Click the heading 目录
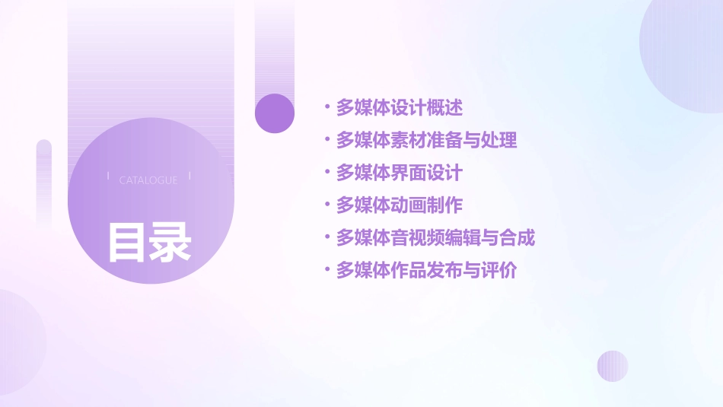coord(149,242)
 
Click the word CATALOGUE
coord(148,180)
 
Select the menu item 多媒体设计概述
coord(399,108)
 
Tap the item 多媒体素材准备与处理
coord(426,141)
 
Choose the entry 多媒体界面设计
coord(399,173)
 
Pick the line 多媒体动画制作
coord(399,205)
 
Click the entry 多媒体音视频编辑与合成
coord(435,238)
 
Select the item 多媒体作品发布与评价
coord(426,270)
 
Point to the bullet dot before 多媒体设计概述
coord(326,108)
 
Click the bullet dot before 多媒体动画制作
coord(326,205)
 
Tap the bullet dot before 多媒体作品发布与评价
coord(326,270)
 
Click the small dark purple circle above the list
coord(275,113)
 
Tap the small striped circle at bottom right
coord(613,366)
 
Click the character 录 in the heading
coord(170,242)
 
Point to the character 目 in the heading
coord(127,242)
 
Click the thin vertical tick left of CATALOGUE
coord(108,176)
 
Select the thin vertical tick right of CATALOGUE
coord(190,176)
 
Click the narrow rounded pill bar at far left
coord(44,183)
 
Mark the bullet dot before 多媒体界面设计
coord(326,173)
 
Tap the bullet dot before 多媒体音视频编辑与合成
coord(326,238)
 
